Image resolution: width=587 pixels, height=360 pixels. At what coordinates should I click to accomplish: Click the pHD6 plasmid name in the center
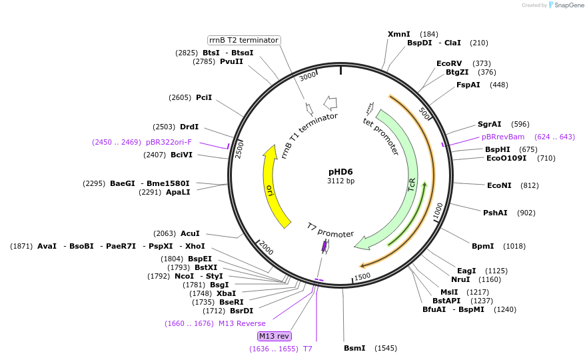pos(340,171)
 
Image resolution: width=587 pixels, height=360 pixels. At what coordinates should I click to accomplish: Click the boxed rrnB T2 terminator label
pos(244,40)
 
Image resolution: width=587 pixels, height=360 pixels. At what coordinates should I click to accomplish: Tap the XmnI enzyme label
pos(399,34)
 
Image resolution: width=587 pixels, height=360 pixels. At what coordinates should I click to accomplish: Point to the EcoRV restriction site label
pos(449,63)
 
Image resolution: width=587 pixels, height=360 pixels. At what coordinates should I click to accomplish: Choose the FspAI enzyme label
pos(468,85)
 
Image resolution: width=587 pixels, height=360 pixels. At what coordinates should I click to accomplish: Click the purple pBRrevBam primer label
pos(503,137)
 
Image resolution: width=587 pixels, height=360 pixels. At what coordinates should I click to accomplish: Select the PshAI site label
pos(495,213)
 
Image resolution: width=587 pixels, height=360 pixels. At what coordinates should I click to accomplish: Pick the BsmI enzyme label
pos(354,348)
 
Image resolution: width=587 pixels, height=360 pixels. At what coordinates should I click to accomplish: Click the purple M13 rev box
pos(275,336)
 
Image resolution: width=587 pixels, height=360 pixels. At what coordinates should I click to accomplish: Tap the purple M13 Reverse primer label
pos(242,323)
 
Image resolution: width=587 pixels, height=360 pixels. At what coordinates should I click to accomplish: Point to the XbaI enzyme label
pos(226,293)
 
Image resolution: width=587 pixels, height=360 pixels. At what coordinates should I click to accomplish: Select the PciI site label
pos(204,97)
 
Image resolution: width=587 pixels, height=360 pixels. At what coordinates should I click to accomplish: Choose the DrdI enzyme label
pos(189,127)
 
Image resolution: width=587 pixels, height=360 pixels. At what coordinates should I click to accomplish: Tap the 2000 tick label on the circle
pos(266,248)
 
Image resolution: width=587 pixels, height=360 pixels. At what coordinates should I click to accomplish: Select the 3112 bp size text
pos(340,181)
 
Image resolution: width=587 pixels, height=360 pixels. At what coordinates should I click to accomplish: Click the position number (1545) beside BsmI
pos(386,348)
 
